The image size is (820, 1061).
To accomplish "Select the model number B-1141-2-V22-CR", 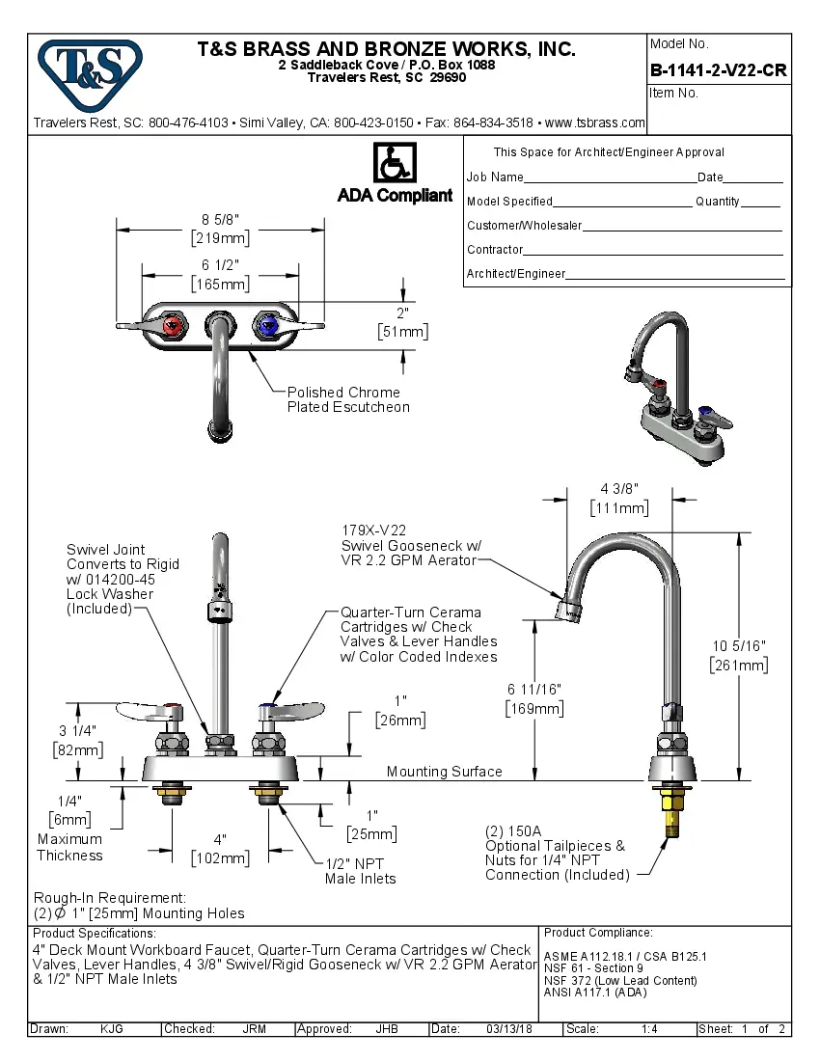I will tap(718, 70).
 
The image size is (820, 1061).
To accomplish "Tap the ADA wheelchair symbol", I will tap(394, 164).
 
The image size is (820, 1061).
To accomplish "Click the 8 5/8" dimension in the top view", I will tap(220, 229).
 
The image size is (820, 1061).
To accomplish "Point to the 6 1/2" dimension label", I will tap(220, 274).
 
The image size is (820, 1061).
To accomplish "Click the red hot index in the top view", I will tap(174, 328).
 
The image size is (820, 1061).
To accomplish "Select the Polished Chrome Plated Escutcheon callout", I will tap(347, 399).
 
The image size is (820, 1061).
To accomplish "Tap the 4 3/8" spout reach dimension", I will tap(619, 498).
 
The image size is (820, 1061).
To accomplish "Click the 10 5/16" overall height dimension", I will tap(738, 655).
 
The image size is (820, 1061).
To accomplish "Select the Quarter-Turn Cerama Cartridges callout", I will tap(419, 634).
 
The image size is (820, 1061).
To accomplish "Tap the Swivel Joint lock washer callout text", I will tap(123, 579).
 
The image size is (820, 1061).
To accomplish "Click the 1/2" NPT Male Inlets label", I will tap(360, 871).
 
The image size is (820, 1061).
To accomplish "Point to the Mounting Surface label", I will tap(444, 772).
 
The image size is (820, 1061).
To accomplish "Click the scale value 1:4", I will tap(649, 1029).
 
